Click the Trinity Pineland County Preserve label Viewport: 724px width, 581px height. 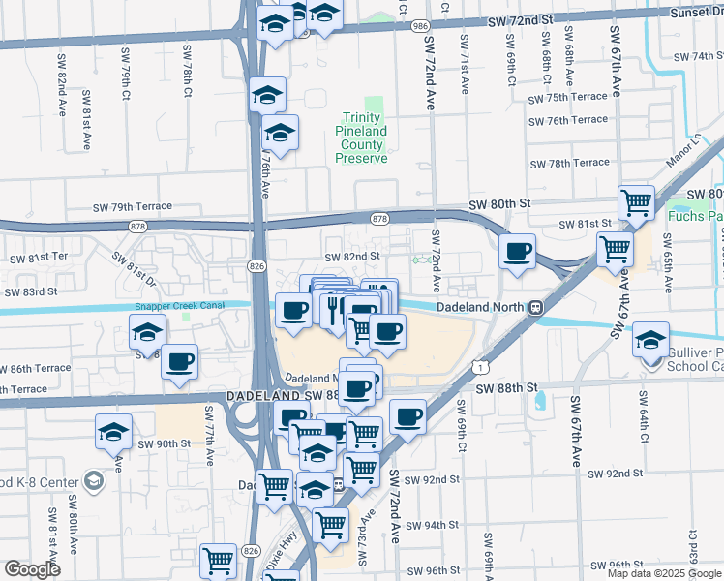(x=363, y=138)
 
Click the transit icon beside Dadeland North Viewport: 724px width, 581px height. (x=534, y=307)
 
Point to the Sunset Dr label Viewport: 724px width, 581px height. (x=696, y=13)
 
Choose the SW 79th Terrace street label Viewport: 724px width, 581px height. (x=132, y=207)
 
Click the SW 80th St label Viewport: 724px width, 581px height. (x=500, y=205)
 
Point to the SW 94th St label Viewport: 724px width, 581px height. (x=432, y=525)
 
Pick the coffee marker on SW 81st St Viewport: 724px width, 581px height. (x=518, y=252)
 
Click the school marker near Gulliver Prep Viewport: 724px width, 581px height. (x=650, y=340)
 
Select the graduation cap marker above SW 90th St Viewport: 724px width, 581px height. (x=113, y=431)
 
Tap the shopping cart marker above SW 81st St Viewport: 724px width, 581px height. (x=636, y=202)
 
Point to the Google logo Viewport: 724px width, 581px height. (x=32, y=569)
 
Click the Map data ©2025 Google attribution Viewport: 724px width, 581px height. (x=664, y=573)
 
